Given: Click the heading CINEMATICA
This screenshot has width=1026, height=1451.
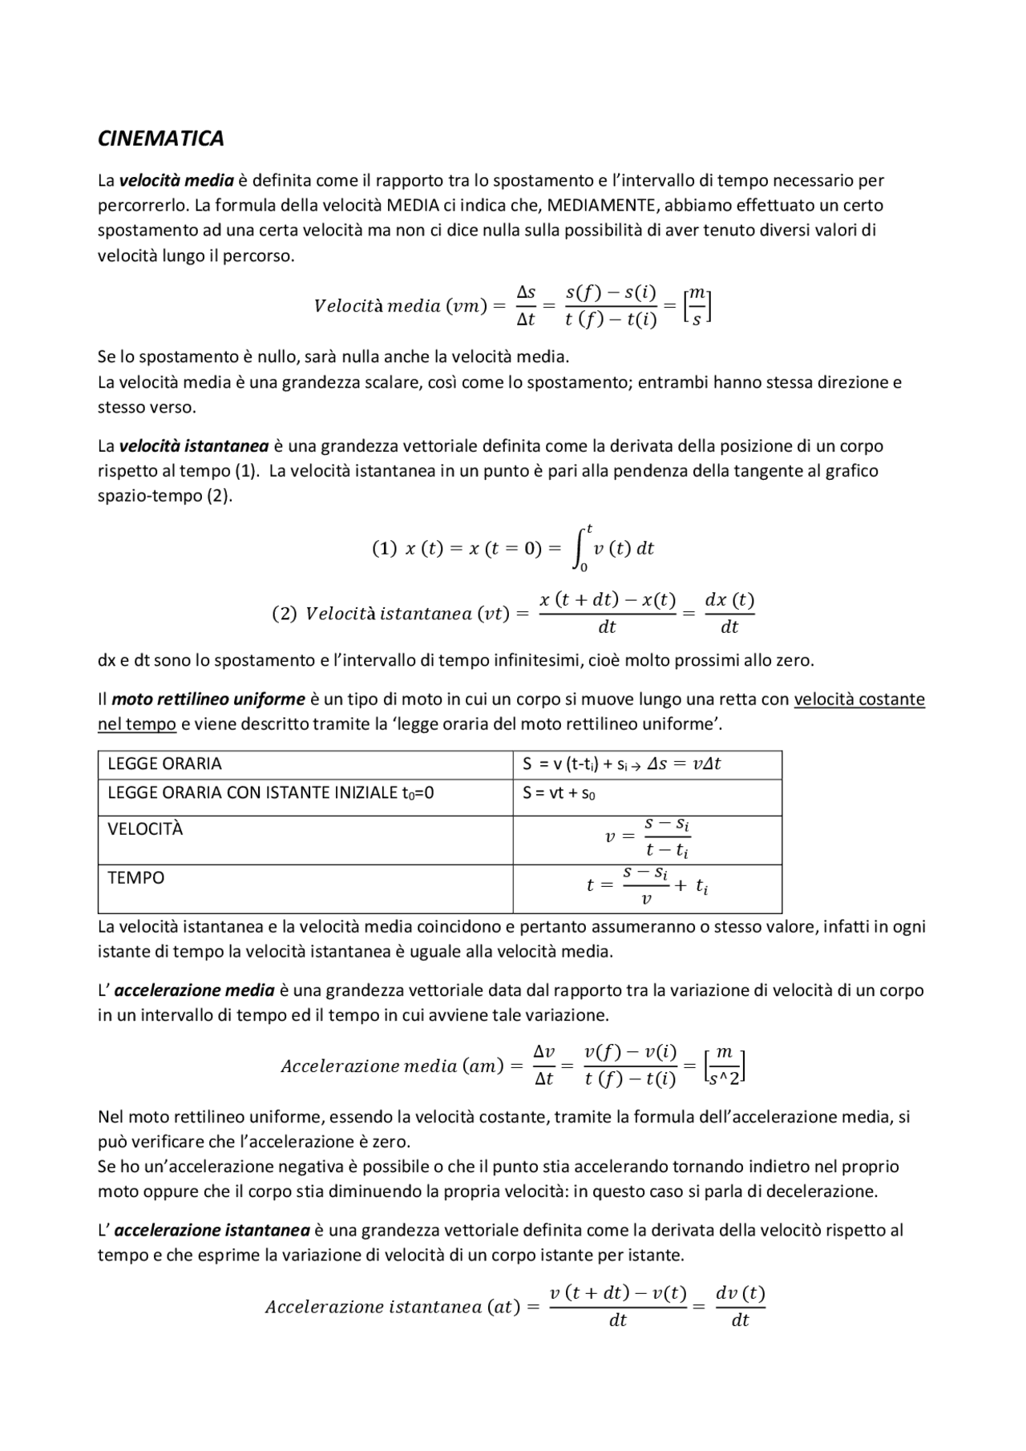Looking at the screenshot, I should click(x=160, y=139).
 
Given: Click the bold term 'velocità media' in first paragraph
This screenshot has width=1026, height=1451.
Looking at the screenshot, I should click(x=176, y=180).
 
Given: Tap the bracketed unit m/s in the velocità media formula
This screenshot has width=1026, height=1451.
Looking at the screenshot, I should click(x=697, y=307).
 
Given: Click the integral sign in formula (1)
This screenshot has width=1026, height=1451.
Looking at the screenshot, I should click(x=580, y=548).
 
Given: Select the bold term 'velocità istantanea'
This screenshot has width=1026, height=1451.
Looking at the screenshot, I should click(x=193, y=445).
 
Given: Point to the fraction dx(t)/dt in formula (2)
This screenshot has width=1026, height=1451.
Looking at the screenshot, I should click(x=729, y=613).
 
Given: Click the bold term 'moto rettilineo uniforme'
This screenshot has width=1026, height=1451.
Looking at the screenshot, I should click(x=208, y=699).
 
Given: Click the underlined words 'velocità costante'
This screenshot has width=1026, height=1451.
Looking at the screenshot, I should click(x=858, y=699).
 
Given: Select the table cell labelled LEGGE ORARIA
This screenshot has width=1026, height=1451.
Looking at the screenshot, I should click(x=164, y=764).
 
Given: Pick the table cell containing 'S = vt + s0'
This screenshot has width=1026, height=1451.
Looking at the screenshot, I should click(x=559, y=793).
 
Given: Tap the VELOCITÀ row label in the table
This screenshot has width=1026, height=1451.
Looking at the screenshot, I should click(x=145, y=829).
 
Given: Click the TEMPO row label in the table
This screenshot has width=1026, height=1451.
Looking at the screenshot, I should click(x=135, y=878).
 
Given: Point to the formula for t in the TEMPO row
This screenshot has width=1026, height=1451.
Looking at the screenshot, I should click(x=647, y=885).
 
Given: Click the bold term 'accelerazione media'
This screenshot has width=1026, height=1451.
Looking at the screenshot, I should click(x=194, y=990).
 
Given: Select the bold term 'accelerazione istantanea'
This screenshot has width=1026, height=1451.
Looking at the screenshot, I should click(x=212, y=1230).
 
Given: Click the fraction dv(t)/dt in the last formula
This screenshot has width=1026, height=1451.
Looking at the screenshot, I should click(x=740, y=1307).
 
